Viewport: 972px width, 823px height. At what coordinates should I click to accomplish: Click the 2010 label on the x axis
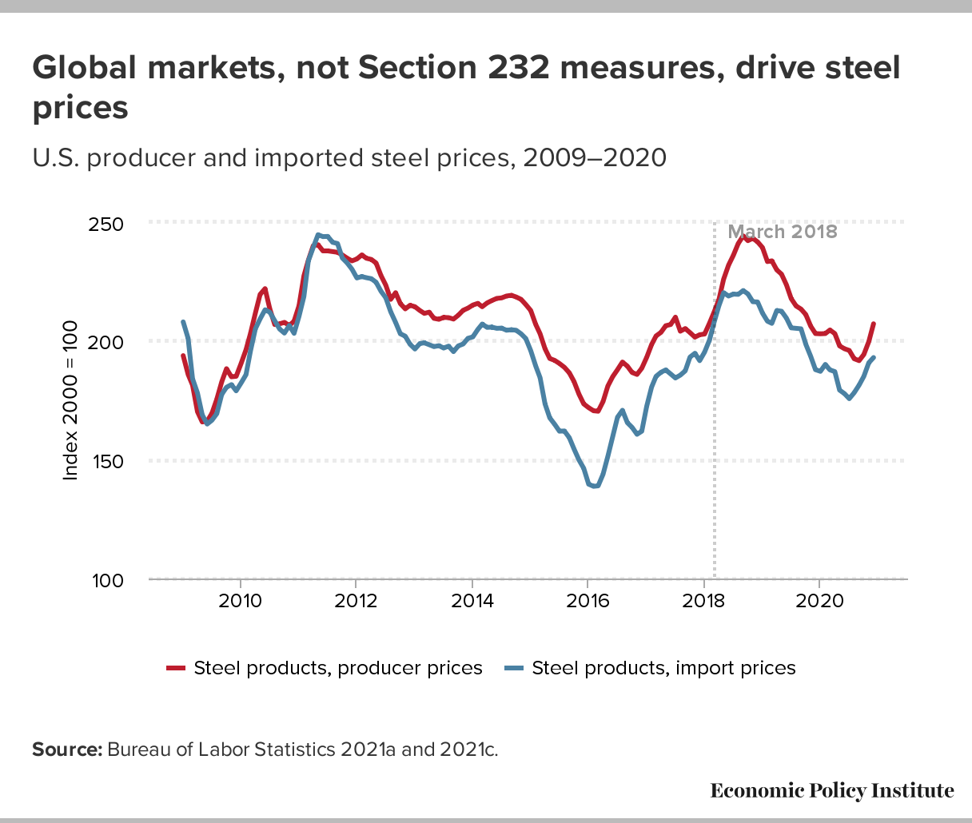pos(240,601)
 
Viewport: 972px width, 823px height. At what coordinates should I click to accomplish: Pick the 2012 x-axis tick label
pos(356,601)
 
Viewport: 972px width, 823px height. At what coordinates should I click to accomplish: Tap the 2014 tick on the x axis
pos(472,601)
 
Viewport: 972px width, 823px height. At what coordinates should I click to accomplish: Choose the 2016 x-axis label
pos(588,601)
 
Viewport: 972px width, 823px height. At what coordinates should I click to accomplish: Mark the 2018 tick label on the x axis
pos(703,601)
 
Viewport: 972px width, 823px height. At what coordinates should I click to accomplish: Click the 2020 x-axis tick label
pos(819,601)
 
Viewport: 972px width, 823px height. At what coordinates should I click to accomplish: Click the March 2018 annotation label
pos(782,232)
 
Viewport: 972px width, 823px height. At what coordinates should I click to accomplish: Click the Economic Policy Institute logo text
pos(832,791)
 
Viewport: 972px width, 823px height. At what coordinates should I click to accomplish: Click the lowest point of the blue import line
pos(594,486)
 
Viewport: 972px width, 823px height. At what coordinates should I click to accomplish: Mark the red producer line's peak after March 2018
pos(744,237)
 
